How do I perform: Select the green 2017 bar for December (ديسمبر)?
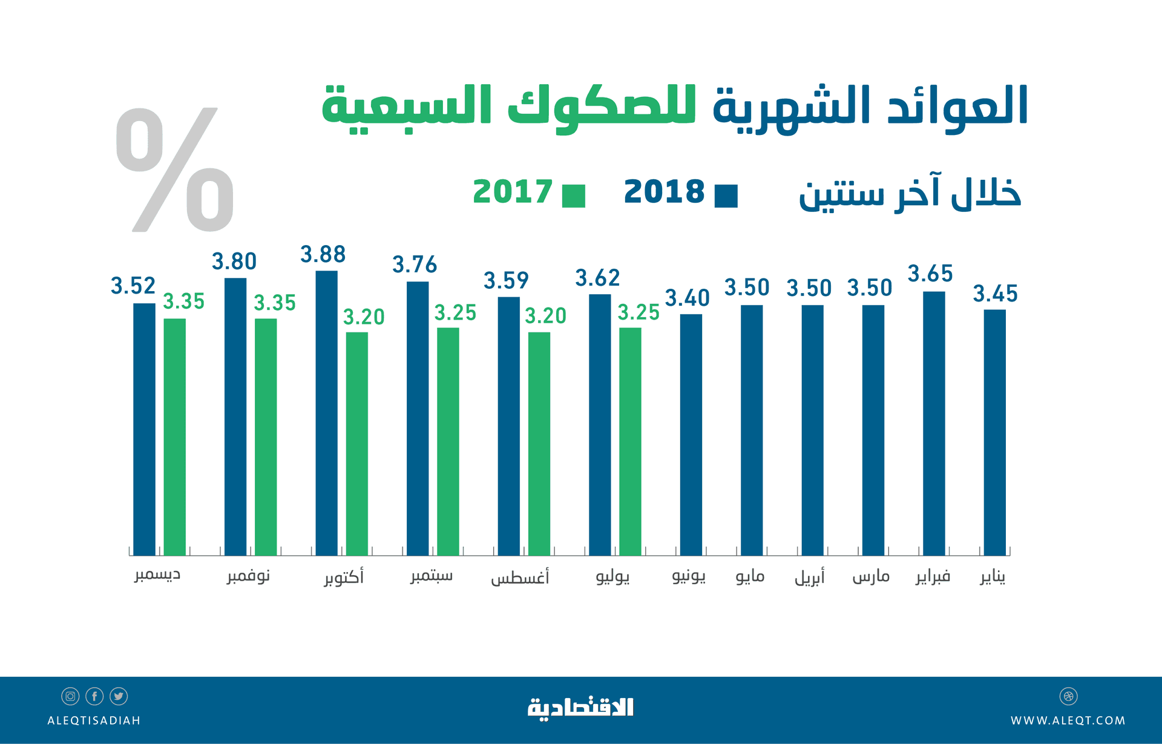pos(174,436)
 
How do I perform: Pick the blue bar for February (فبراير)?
pos(934,423)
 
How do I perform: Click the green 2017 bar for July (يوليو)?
pos(629,441)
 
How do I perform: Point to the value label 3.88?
pos(323,254)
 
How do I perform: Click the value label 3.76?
pos(415,265)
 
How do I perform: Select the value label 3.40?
pos(687,298)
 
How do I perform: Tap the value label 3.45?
pos(995,294)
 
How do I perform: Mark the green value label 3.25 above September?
pos(455,313)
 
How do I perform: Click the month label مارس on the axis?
pos(871,576)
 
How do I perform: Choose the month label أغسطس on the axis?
pos(520,578)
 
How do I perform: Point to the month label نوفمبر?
pos(248,576)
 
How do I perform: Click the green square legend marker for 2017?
pos(573,196)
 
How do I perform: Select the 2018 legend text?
pos(664,192)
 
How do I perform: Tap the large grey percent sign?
pos(175,170)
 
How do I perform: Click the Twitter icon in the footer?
pos(119,696)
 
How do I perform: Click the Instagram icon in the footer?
pos(70,696)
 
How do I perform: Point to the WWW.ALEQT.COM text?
pos(1068,720)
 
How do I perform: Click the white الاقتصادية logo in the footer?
pos(580,707)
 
